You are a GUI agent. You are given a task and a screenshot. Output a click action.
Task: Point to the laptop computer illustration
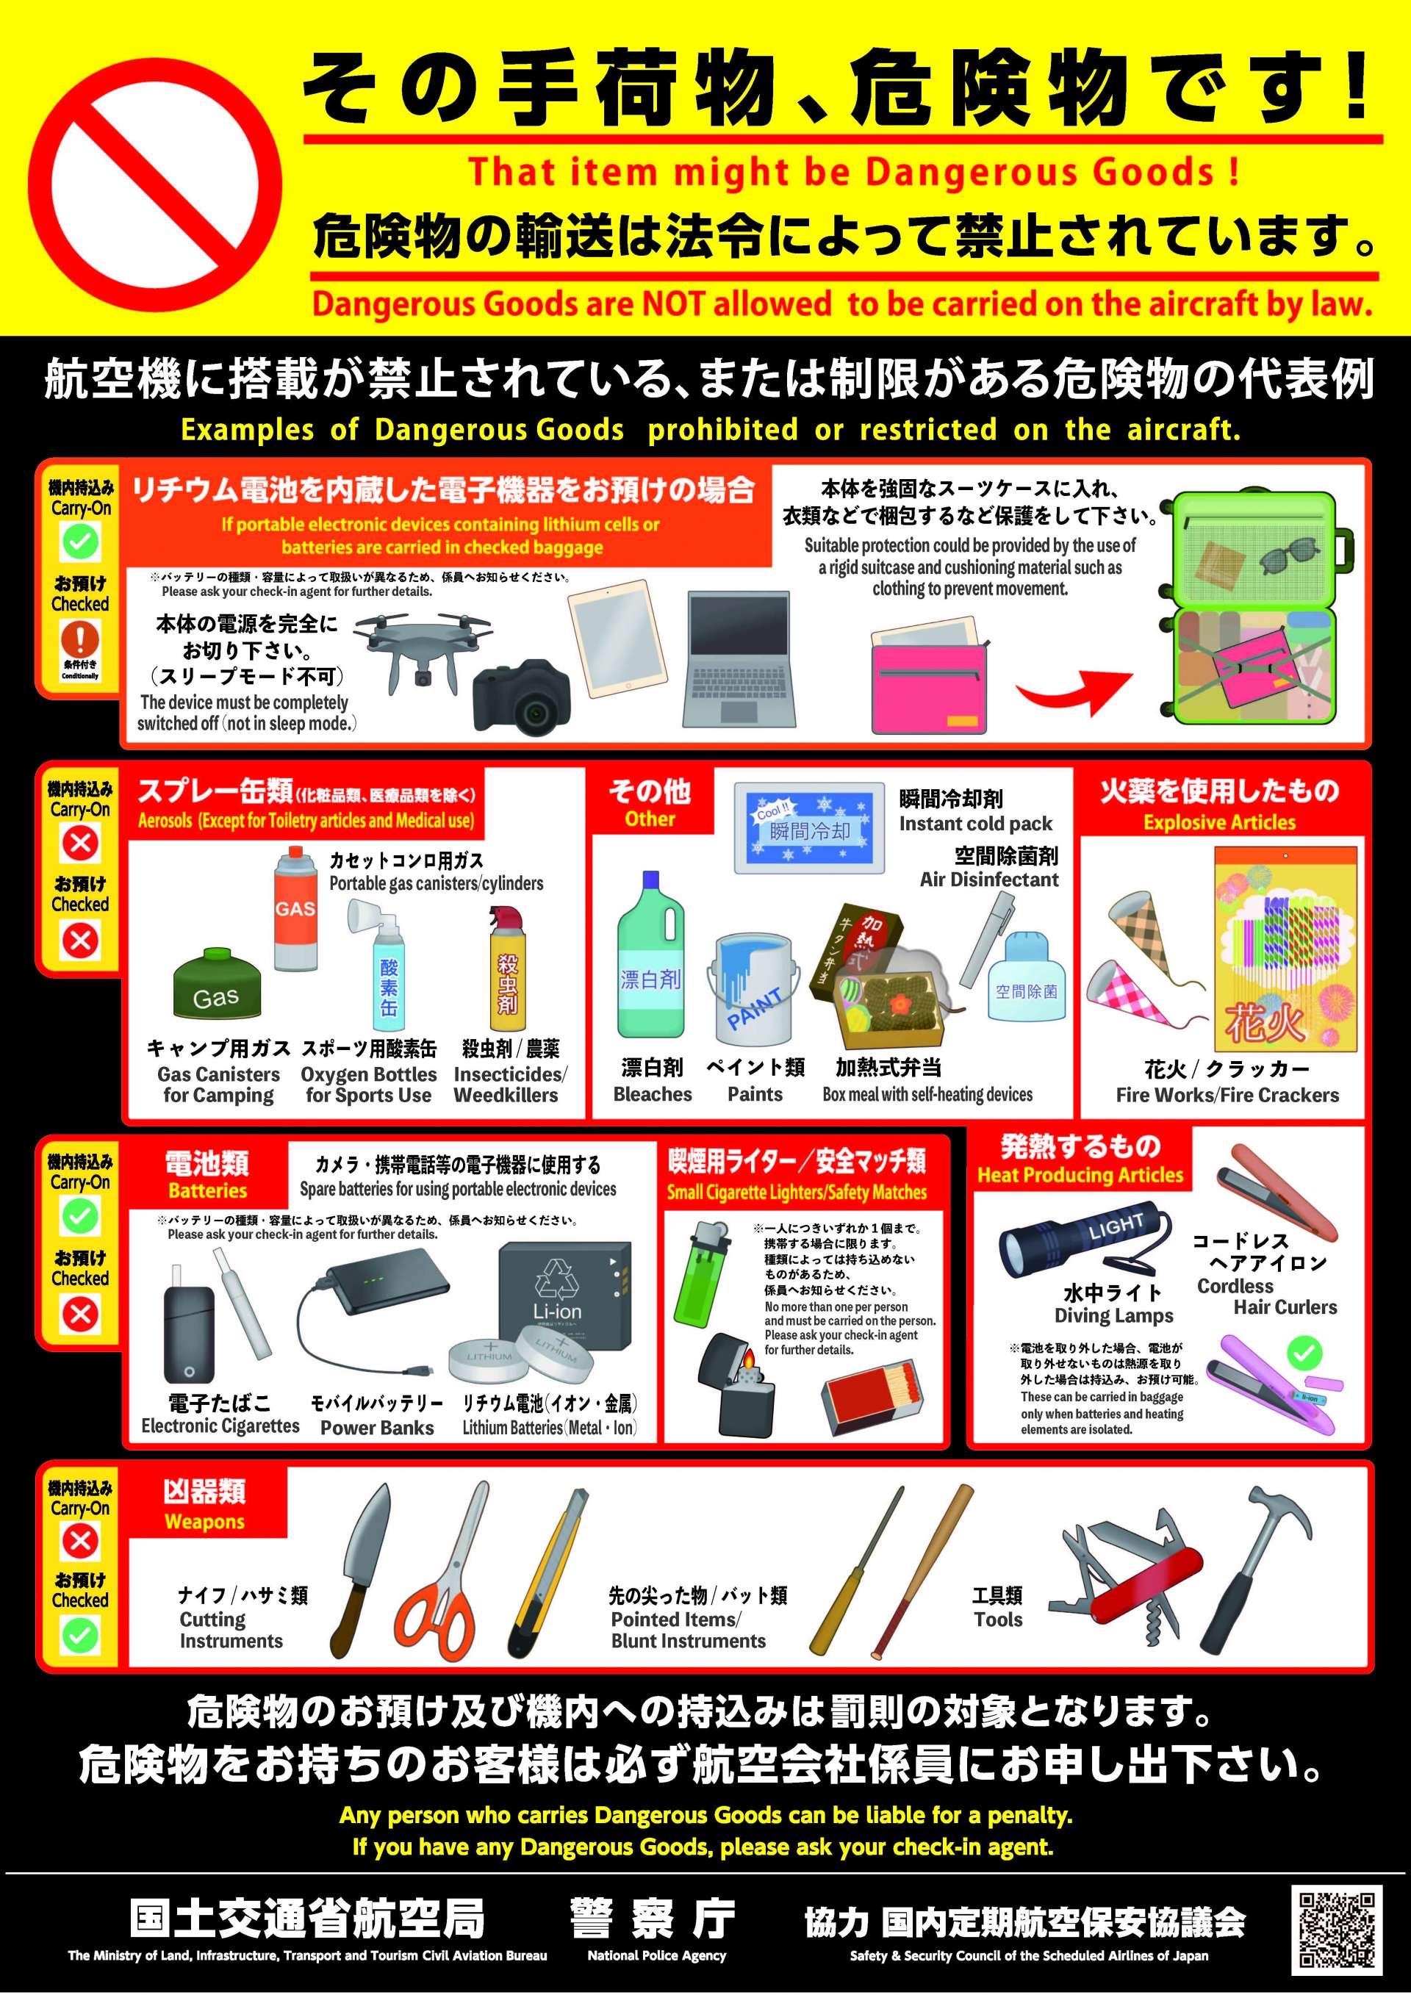coord(741,658)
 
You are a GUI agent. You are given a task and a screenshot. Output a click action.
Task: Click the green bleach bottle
coord(650,955)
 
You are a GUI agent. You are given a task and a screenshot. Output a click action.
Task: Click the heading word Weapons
coord(205,1522)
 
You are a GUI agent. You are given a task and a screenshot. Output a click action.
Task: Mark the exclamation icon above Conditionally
coord(80,640)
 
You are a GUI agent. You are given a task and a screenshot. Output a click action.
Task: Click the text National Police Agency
coord(657,1956)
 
